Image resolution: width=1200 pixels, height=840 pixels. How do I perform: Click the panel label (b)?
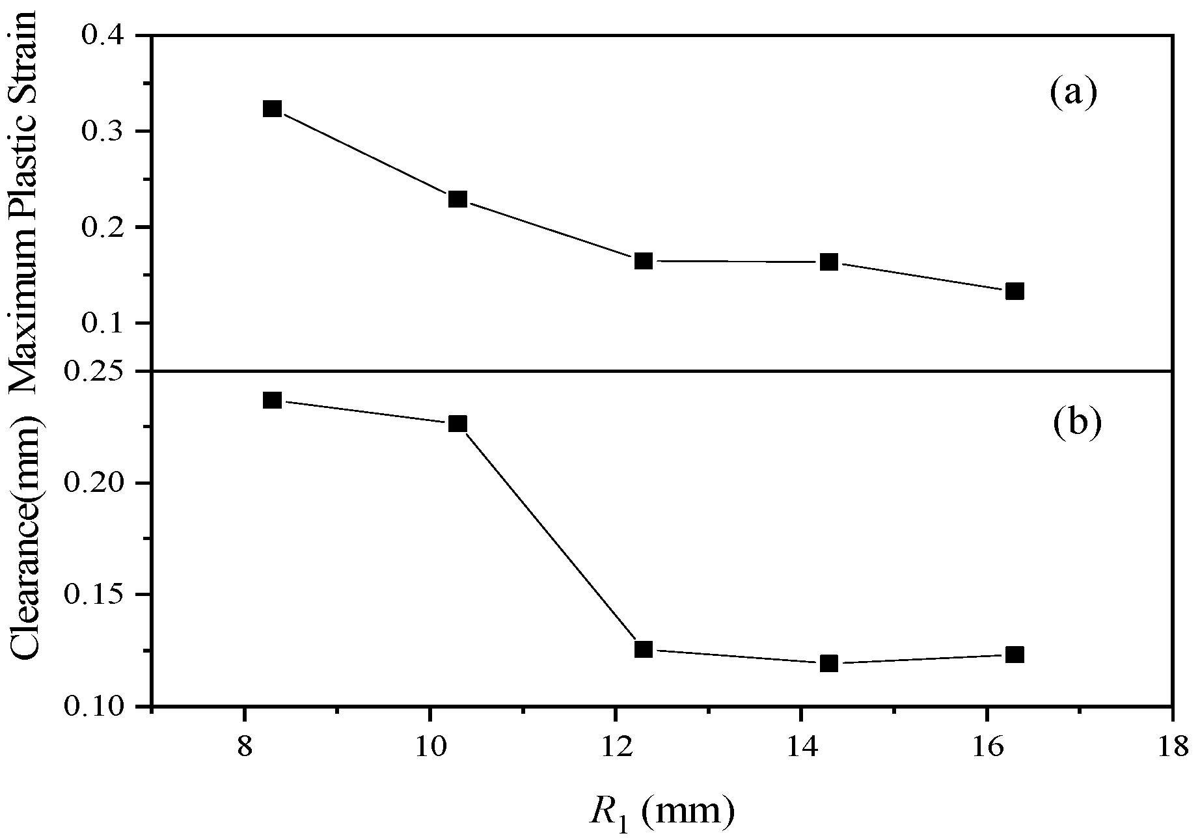point(1076,422)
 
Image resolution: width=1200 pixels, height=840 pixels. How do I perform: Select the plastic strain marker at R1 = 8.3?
point(273,109)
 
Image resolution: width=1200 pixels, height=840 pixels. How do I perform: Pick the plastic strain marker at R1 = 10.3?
point(457,199)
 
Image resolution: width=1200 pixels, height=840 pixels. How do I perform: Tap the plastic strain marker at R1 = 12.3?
point(644,261)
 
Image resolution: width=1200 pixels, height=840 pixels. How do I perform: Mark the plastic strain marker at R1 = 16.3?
point(1015,291)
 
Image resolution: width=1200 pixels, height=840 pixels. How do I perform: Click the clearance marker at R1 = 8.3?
point(273,400)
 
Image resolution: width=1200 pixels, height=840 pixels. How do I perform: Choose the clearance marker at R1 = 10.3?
point(457,424)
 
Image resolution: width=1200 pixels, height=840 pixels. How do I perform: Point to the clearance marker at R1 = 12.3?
point(644,649)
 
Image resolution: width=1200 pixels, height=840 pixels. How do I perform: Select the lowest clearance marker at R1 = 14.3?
point(828,664)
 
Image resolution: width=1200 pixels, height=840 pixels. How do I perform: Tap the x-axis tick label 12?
point(615,746)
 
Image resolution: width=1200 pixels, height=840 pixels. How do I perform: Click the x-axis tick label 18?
point(1171,746)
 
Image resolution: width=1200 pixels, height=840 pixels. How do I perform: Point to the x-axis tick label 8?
point(244,746)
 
